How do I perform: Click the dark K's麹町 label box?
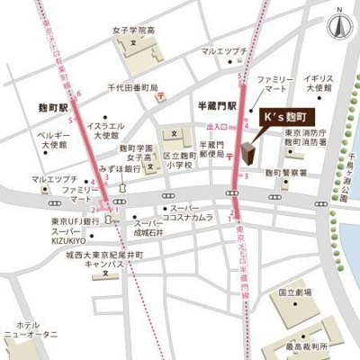[x=288, y=118]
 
